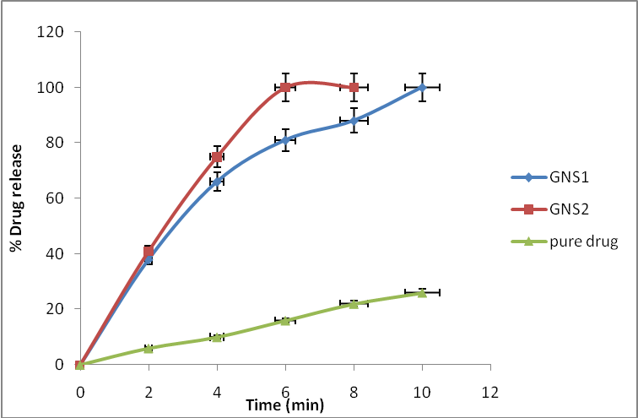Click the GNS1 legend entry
coord(562,177)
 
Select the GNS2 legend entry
coord(562,209)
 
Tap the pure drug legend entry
coord(572,242)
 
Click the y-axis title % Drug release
coord(15,198)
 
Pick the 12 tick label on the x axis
coord(490,392)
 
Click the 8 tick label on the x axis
coord(354,392)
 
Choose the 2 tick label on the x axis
coord(149,392)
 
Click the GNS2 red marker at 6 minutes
coord(285,87)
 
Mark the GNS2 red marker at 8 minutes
coord(354,87)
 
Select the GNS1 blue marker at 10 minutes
coord(422,87)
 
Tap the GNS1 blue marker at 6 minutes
coord(285,140)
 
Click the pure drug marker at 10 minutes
coord(422,292)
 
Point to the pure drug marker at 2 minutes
coord(149,348)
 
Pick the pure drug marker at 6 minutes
coord(285,320)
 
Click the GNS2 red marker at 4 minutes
coord(217,156)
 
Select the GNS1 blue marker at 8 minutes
coord(354,121)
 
